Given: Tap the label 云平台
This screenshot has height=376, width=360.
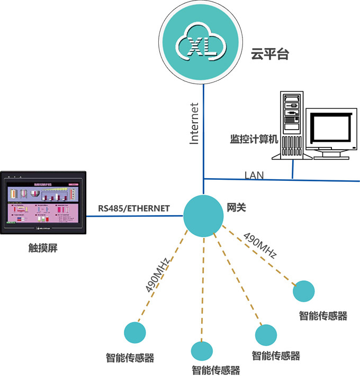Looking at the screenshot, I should (270, 54).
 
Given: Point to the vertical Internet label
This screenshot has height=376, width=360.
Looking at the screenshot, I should (194, 123).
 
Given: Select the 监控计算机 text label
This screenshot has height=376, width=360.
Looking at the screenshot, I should (254, 139).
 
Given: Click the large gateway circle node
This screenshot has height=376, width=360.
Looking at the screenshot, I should (203, 215).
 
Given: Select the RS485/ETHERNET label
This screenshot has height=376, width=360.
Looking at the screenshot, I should (134, 208).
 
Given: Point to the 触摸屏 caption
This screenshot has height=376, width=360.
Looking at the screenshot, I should (42, 247).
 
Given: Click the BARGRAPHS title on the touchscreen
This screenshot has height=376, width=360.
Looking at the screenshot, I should (42, 183).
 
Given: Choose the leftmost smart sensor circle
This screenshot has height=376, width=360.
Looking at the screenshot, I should (135, 332).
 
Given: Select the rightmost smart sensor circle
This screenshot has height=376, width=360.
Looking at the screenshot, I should (304, 290).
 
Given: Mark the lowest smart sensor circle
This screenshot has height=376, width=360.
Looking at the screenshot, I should (201, 351).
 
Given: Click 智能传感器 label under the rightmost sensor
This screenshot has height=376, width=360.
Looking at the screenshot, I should (323, 316).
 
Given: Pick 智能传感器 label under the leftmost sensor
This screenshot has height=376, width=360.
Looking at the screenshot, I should (130, 358).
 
